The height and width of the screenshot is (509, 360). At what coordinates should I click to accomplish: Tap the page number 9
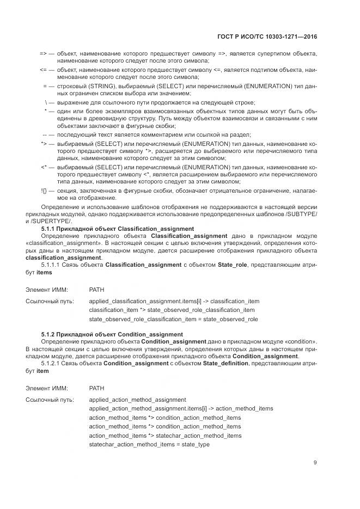(x=315, y=463)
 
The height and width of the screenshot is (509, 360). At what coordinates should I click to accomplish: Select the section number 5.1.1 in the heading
(x=50, y=229)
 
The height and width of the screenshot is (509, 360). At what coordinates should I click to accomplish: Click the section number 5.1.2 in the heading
(x=50, y=334)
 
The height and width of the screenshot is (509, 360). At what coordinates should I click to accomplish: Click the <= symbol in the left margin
(x=44, y=71)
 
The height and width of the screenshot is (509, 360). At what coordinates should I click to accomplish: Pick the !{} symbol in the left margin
(x=44, y=191)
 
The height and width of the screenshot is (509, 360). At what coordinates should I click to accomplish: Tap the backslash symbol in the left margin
(x=45, y=102)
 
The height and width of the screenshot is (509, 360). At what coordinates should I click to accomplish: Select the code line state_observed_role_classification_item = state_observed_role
(x=173, y=319)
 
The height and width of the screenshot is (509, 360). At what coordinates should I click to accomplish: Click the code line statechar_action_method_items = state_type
(x=149, y=445)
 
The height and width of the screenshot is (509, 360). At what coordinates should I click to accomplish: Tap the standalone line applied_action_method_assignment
(x=137, y=399)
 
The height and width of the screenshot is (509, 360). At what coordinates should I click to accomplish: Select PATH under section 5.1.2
(x=96, y=389)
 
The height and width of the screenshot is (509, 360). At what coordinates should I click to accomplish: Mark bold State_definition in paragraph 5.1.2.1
(x=224, y=363)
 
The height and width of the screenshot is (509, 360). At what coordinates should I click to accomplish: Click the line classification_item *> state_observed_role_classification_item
(x=172, y=310)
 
